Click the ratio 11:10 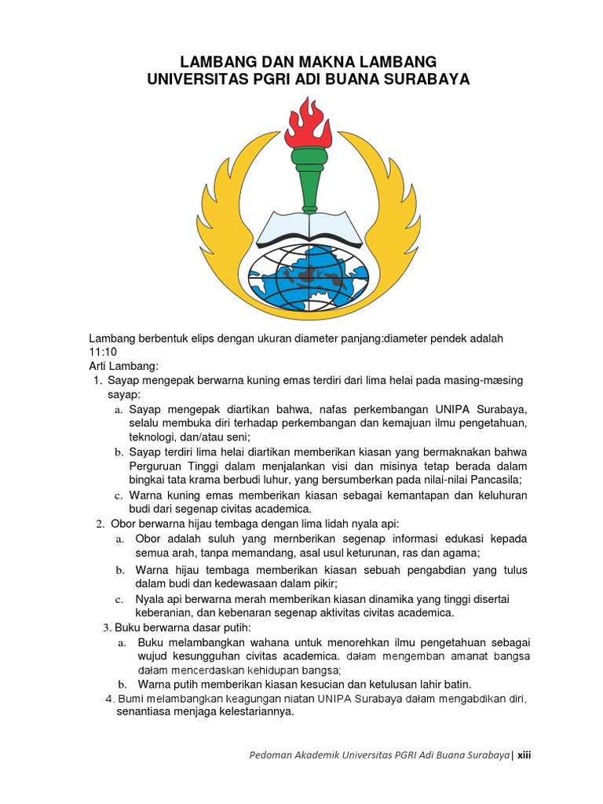(102, 353)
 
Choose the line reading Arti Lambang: (123, 367)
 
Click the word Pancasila (492, 481)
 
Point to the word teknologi (152, 437)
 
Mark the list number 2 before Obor (99, 524)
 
